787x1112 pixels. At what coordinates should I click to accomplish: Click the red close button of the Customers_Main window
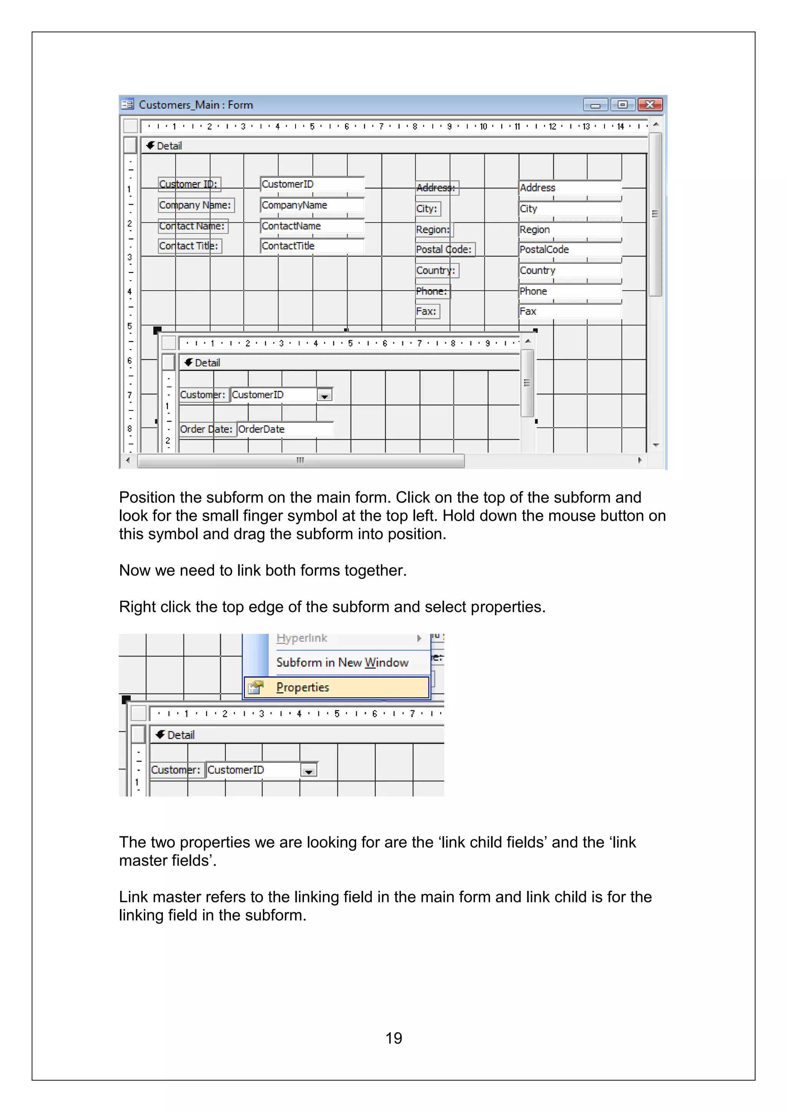650,104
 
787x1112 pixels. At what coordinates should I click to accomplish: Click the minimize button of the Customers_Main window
596,104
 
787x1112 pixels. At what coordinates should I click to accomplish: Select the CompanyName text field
312,205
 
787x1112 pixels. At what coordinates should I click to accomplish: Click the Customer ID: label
189,184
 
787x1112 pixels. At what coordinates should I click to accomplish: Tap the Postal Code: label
444,250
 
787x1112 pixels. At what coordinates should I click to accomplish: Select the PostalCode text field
569,250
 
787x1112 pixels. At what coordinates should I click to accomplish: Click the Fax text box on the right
569,311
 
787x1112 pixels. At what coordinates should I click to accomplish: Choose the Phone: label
432,291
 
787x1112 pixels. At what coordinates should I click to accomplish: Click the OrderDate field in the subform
284,429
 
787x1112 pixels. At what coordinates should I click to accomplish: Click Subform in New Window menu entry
342,662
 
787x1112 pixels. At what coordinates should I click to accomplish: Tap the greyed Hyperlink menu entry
302,638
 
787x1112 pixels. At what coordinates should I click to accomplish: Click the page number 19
393,1038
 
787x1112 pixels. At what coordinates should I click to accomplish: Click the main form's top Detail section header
169,146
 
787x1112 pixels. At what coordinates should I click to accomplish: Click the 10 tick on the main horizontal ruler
483,127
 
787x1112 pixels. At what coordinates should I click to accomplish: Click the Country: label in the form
436,270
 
